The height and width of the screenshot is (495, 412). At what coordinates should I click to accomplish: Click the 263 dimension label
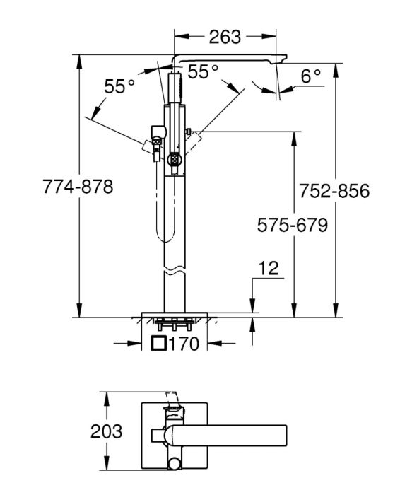pos(225,37)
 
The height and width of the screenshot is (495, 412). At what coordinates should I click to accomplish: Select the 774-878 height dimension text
pos(78,187)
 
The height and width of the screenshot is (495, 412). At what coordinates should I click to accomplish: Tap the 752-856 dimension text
pos(334,191)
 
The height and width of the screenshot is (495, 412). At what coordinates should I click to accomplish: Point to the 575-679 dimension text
pos(293,225)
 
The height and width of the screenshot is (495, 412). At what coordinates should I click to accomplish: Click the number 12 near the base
pos(269,268)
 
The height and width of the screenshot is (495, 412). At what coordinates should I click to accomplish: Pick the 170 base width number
pos(184,344)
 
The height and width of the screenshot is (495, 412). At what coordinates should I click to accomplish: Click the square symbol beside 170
pos(159,343)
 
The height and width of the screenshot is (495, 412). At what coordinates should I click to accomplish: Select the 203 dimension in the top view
pos(106,431)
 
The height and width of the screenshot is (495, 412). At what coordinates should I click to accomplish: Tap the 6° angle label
pos(310,76)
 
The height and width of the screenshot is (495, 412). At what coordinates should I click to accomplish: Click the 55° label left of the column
pos(119,86)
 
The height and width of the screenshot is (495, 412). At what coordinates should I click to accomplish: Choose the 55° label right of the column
pos(203,71)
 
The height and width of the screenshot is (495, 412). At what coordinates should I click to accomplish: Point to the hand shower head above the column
pos(175,88)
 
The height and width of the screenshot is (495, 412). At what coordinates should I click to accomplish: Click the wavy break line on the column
pos(175,272)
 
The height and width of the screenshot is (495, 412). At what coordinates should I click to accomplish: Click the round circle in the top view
pos(174,464)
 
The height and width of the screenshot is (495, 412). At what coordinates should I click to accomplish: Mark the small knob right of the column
pos(189,131)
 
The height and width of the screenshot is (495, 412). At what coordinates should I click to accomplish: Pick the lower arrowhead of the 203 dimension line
pos(107,464)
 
